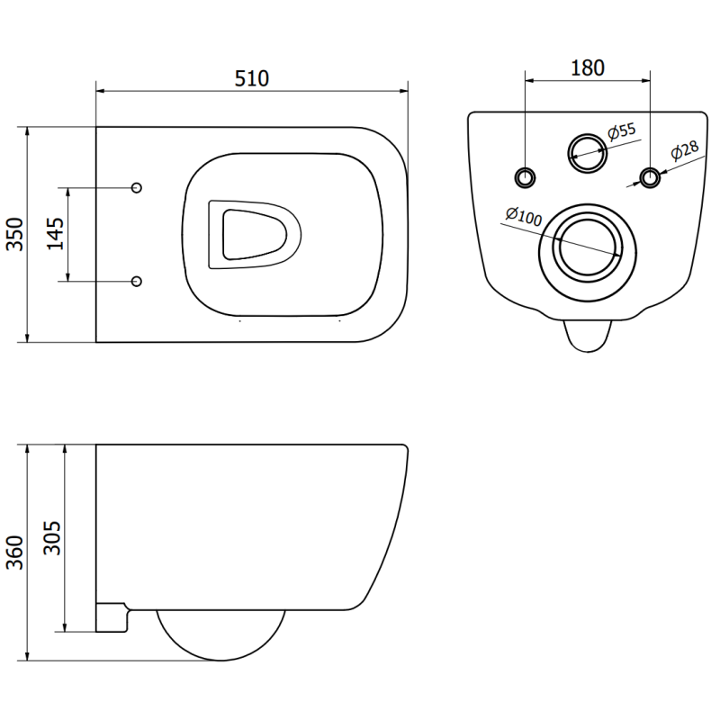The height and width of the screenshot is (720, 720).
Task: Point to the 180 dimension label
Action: tap(587, 67)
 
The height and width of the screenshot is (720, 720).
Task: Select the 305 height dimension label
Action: tap(53, 537)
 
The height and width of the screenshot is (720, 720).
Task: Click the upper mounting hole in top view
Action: tap(137, 187)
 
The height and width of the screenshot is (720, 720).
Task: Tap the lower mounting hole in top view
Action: tap(137, 282)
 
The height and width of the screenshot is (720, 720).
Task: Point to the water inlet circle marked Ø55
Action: tap(587, 150)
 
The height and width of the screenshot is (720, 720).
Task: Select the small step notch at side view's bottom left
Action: tap(113, 616)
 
